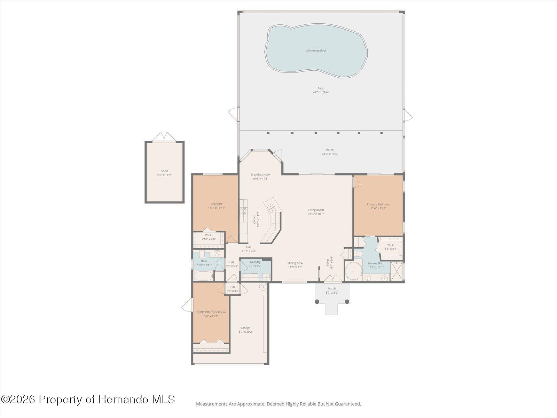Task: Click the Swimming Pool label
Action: pos(316,51)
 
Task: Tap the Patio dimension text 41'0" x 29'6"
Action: pos(321,93)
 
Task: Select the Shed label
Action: pos(164,171)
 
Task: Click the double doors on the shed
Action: pos(164,137)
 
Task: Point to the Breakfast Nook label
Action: pos(260,175)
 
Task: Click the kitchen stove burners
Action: pos(243,210)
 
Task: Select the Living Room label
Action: pos(316,210)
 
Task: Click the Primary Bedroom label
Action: pos(378,204)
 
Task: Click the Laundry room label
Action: pos(255,262)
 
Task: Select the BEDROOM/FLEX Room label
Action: pos(211,312)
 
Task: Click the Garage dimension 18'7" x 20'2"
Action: pos(245,332)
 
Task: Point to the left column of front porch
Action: pos(317,301)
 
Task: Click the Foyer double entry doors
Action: pos(332,279)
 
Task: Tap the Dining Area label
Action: pos(295,263)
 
